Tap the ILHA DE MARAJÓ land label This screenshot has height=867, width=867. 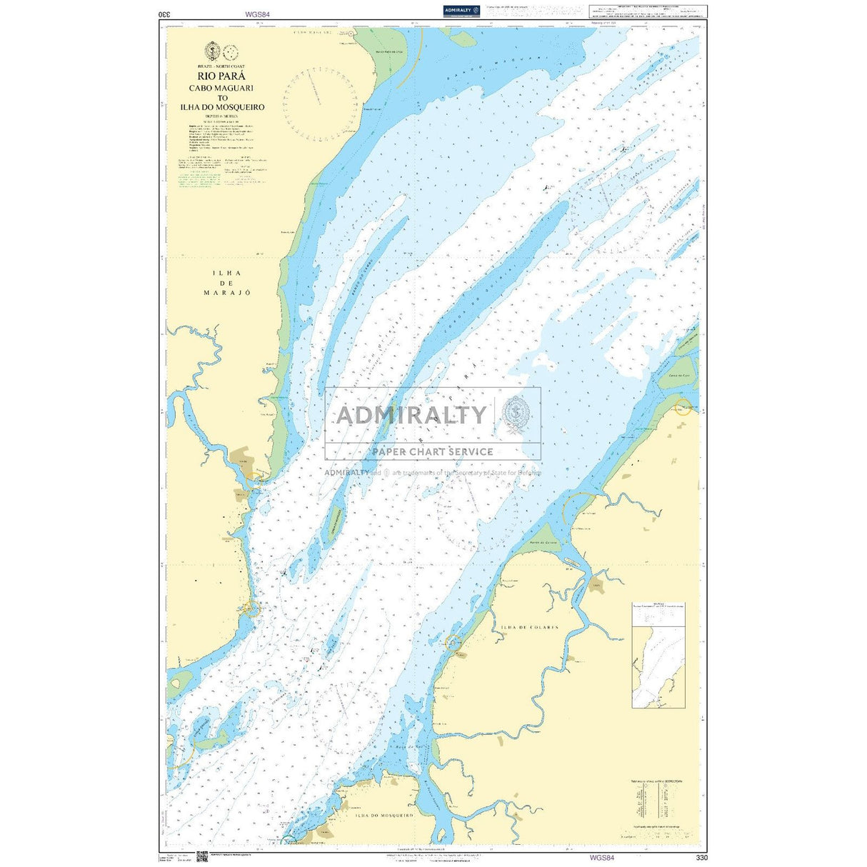tap(222, 283)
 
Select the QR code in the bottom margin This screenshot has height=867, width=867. tap(202, 857)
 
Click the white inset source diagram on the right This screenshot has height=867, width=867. tap(658, 655)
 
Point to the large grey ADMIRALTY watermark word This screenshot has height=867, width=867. tap(412, 415)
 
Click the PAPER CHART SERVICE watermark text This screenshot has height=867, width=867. tap(432, 451)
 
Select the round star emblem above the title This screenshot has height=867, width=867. tap(211, 51)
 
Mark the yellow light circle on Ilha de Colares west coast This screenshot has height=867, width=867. tap(453, 643)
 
